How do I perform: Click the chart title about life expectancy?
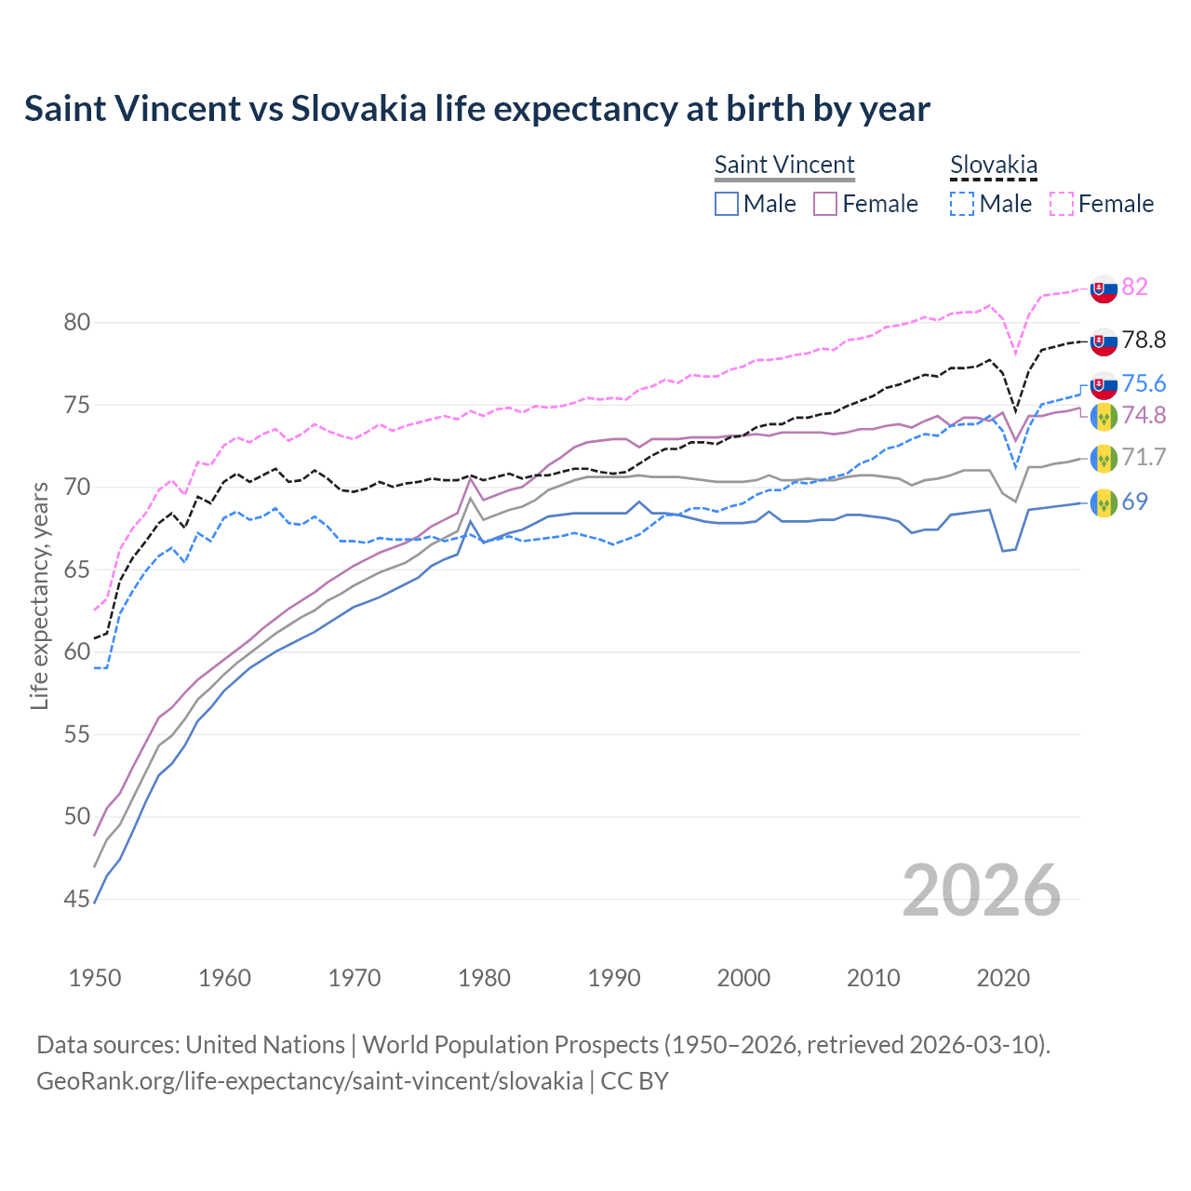[476, 109]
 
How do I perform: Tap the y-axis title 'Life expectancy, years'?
[39, 595]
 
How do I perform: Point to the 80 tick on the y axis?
[77, 323]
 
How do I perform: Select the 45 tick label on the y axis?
[77, 899]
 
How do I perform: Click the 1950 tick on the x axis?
[95, 978]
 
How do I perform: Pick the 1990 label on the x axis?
[614, 978]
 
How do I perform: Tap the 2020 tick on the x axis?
[1003, 978]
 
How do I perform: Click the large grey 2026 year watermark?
[981, 890]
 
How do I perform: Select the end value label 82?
[1134, 287]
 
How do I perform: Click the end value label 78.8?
[1144, 341]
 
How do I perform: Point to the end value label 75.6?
[1144, 384]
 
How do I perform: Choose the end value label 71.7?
[1144, 457]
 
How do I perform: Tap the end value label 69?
[1134, 502]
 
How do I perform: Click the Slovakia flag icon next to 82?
[1104, 288]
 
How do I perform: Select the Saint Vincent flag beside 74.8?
[1104, 417]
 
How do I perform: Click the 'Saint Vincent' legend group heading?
[783, 165]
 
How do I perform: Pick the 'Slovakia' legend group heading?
[993, 165]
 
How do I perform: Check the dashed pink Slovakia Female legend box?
[1061, 204]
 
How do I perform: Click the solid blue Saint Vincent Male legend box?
[727, 204]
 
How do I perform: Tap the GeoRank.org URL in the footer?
[309, 1081]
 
